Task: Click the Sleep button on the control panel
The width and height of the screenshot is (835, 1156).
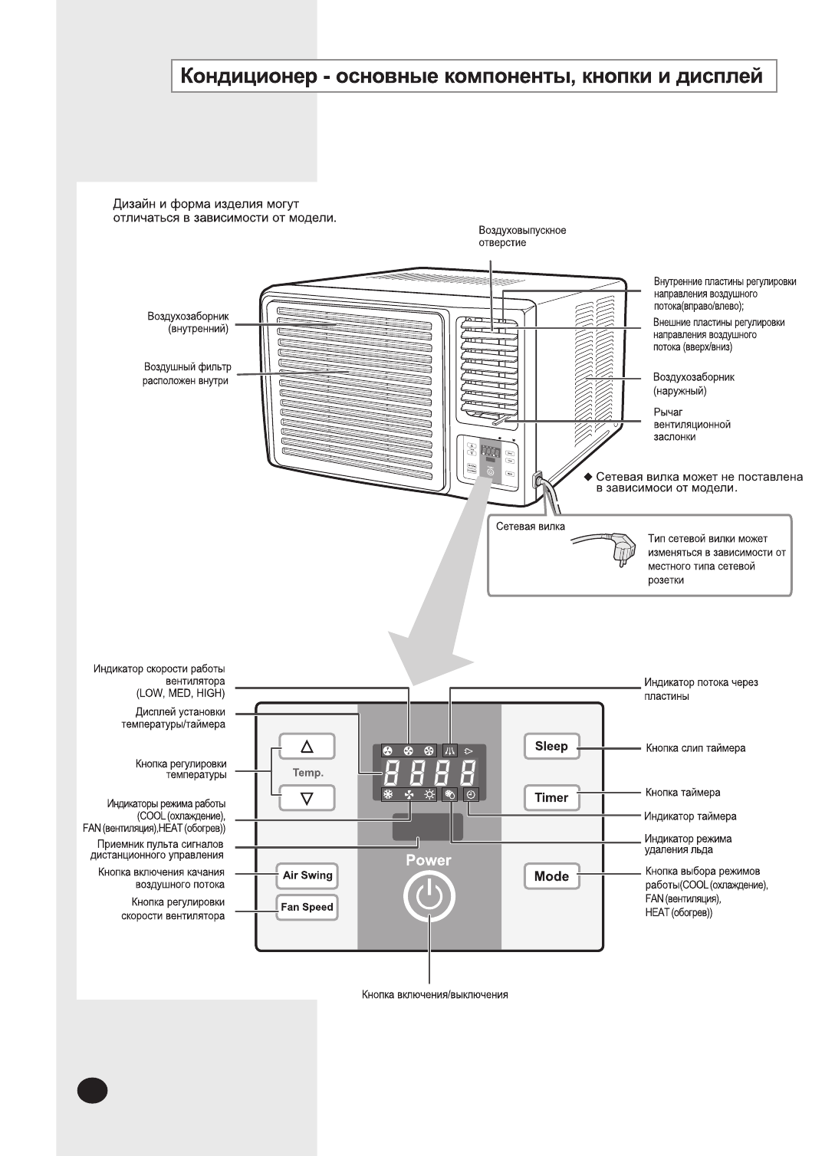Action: tap(551, 747)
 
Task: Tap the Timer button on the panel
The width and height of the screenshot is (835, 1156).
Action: tap(551, 798)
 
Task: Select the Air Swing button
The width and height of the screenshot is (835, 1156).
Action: tap(307, 875)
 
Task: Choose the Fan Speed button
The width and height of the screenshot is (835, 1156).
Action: tap(307, 907)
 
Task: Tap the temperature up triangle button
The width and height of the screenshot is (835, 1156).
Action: tap(307, 746)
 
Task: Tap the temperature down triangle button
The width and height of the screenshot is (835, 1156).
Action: tap(307, 798)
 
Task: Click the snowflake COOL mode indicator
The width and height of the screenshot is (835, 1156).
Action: tap(388, 795)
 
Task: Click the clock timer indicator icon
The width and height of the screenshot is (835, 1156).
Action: tap(471, 795)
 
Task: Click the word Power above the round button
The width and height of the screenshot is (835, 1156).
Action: tap(429, 860)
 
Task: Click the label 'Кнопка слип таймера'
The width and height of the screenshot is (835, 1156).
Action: tap(695, 748)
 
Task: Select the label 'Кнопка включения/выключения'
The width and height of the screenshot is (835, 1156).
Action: tap(435, 995)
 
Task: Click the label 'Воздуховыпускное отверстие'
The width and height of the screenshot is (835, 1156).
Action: tap(522, 236)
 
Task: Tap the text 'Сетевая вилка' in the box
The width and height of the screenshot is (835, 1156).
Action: tap(531, 527)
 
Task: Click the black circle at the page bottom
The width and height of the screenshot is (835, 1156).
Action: tap(92, 1091)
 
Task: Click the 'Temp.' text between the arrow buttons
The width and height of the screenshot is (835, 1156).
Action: tap(308, 773)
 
